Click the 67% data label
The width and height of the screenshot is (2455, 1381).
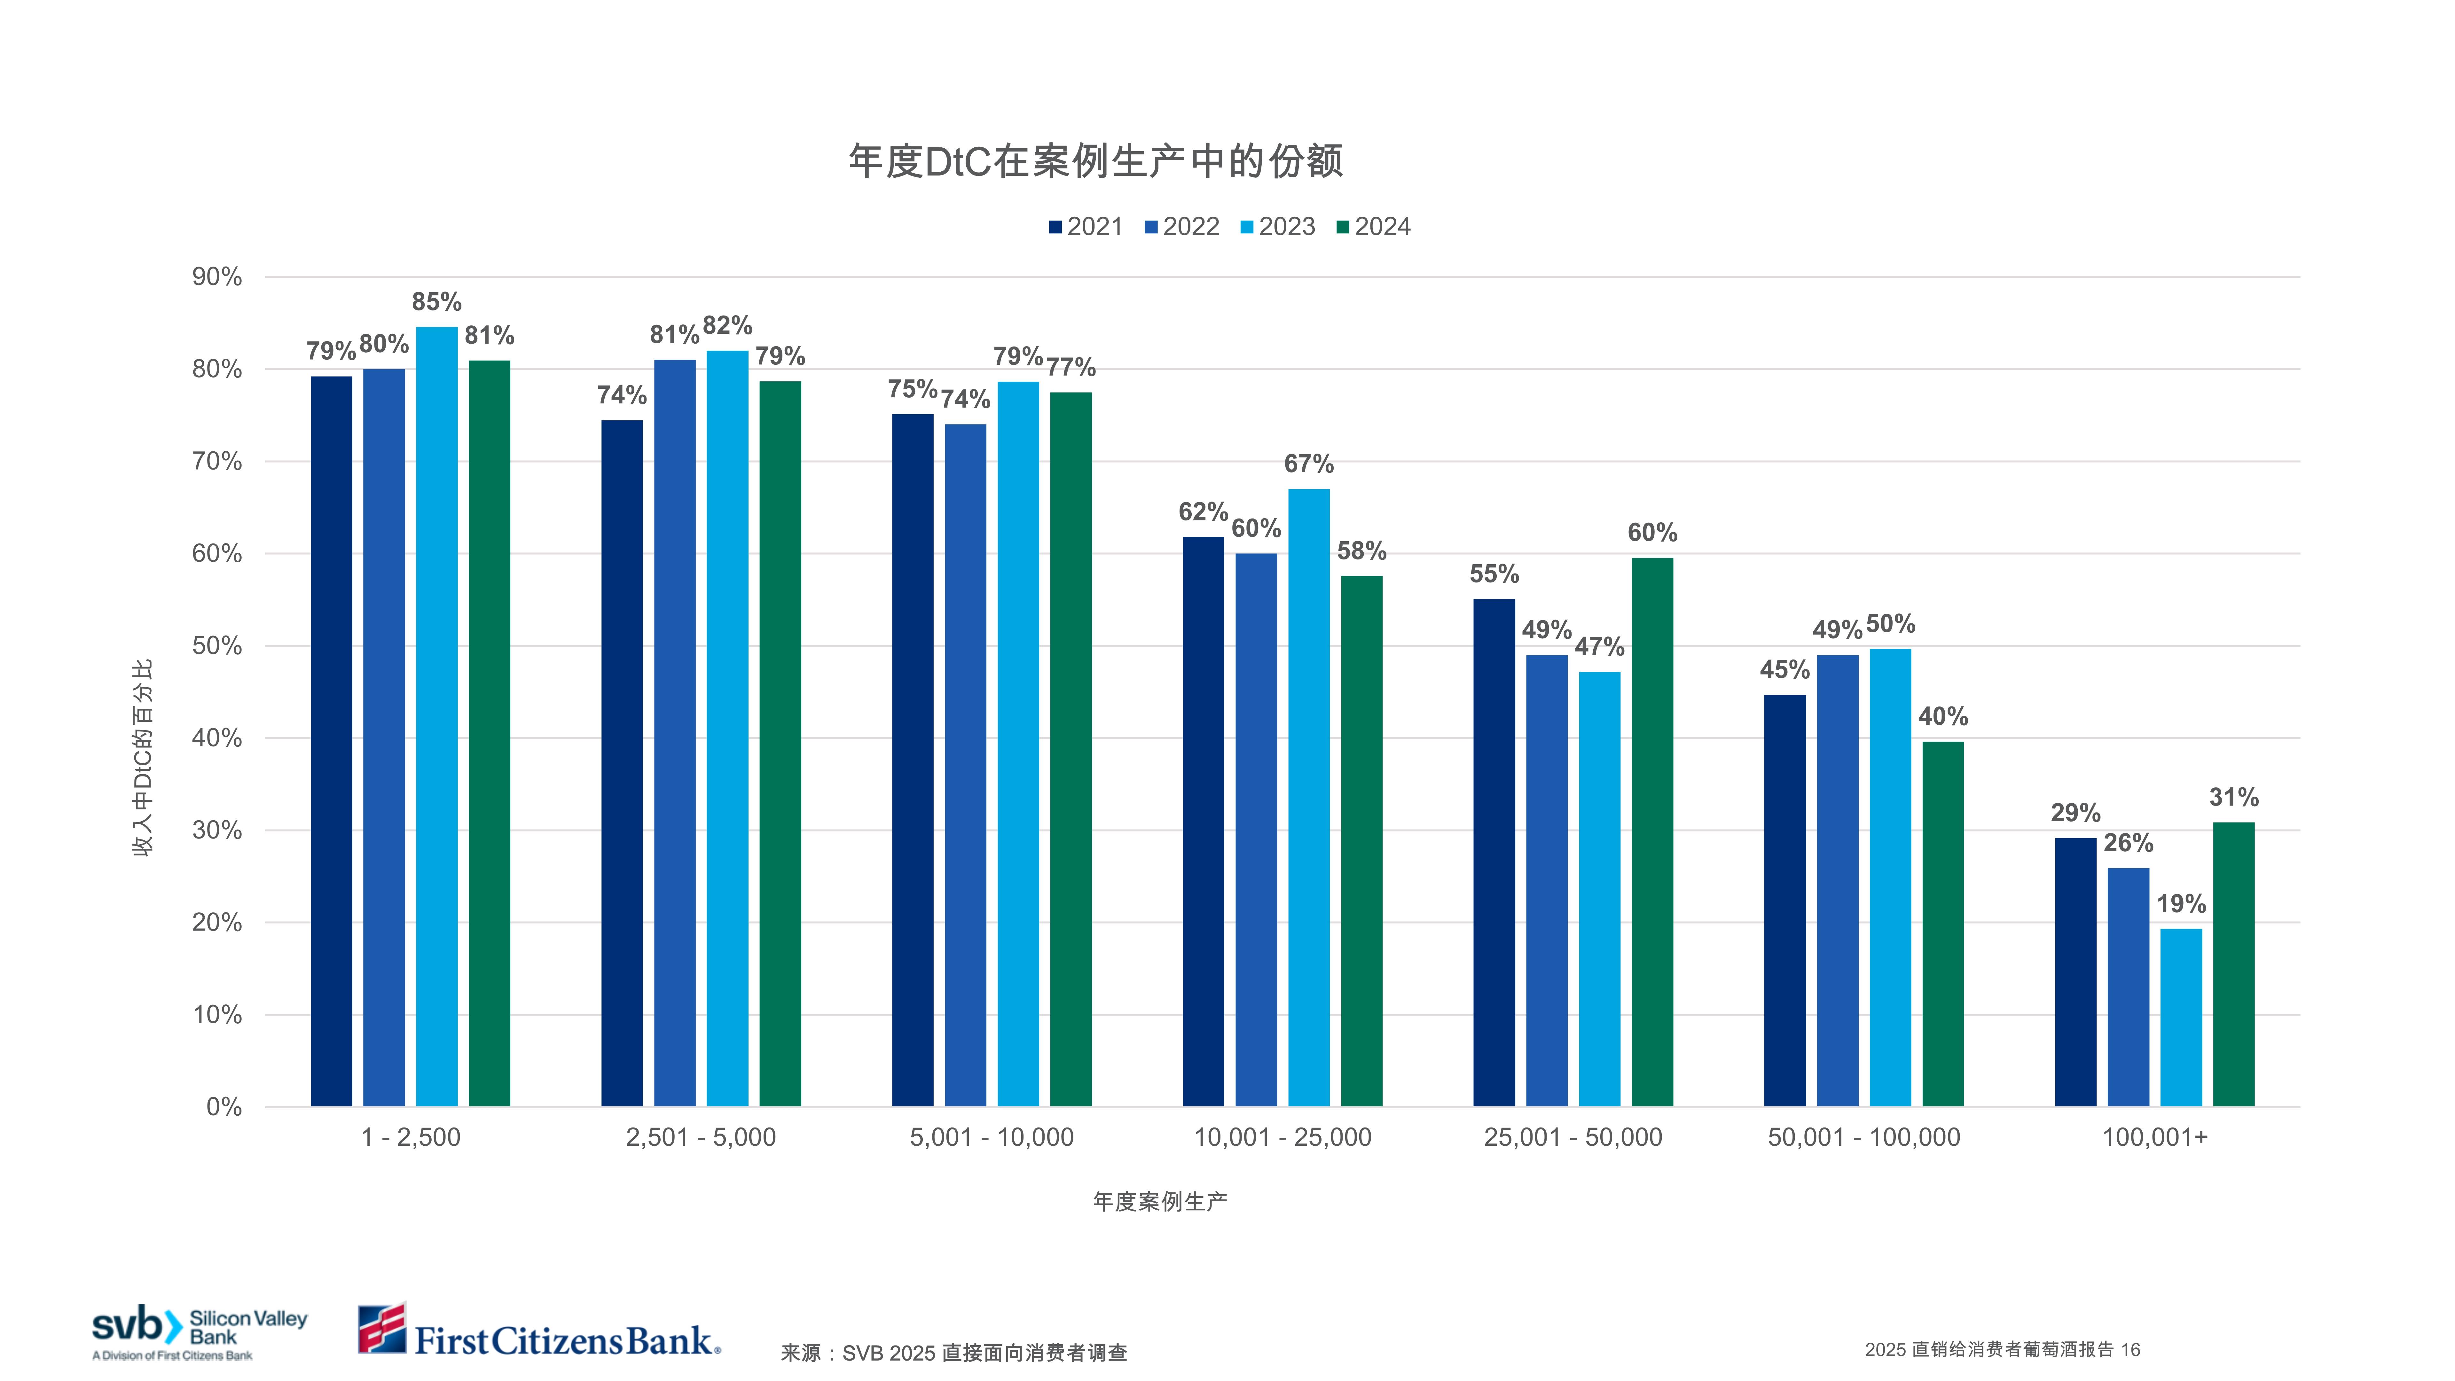1308,464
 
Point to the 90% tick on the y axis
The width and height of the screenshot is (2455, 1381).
217,277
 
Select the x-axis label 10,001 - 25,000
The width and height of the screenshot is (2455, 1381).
1283,1137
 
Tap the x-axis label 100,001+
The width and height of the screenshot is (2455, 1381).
2155,1137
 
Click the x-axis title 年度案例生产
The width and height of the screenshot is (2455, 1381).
1160,1202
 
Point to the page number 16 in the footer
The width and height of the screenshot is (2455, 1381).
2130,1350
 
